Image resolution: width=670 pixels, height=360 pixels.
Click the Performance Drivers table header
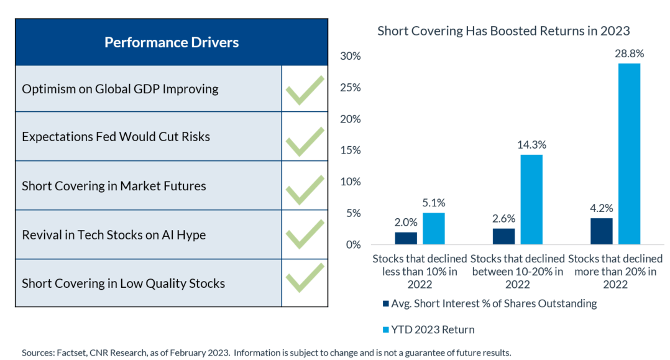coord(172,42)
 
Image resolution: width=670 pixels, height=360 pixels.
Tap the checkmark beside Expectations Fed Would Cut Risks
coord(305,141)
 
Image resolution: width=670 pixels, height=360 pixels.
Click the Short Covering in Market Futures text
coord(114,186)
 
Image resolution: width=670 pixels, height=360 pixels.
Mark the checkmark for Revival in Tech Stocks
coord(305,233)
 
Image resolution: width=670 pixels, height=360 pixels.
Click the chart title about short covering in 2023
coord(503,31)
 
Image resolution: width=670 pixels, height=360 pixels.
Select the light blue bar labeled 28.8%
coord(629,154)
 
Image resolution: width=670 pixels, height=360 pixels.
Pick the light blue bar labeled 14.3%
coord(531,200)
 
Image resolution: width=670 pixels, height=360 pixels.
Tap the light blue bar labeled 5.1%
coord(434,229)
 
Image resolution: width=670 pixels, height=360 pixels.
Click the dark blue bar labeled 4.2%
coord(601,231)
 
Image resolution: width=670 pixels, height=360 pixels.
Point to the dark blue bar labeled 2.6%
coord(504,236)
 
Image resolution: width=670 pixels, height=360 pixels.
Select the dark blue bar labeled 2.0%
coord(406,239)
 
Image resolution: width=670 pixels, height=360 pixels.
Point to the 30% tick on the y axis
coord(351,56)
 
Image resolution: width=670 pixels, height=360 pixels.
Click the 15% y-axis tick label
coord(351,150)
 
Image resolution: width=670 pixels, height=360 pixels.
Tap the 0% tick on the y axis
coord(354,245)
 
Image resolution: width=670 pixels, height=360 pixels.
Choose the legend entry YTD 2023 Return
coord(429,330)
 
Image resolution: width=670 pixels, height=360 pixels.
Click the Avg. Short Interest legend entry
coord(490,303)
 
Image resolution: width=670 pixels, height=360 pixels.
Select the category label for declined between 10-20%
coord(518,272)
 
